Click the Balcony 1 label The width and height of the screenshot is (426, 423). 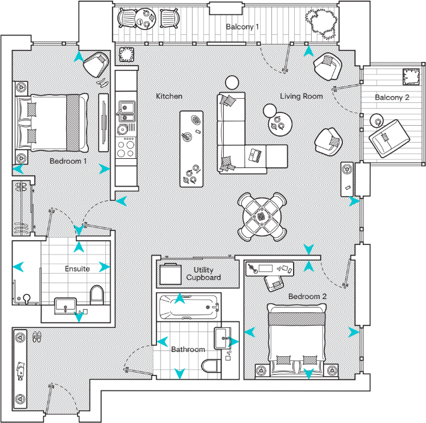(x=242, y=27)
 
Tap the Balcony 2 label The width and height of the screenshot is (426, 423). (x=392, y=97)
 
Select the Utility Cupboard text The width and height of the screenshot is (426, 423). (x=203, y=274)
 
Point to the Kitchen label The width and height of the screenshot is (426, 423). (x=169, y=96)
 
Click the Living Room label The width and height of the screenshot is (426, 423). (x=301, y=96)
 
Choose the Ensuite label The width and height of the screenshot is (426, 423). (x=77, y=268)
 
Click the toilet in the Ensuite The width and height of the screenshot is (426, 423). (x=96, y=295)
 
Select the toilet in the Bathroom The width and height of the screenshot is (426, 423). (x=210, y=366)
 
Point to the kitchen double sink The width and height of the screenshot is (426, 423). (x=126, y=110)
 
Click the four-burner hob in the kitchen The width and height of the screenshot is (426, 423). (x=126, y=146)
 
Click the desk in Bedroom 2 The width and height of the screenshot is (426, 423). (x=270, y=267)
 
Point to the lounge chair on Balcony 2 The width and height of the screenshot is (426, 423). (x=388, y=137)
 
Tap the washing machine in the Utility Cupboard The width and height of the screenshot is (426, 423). (x=169, y=275)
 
